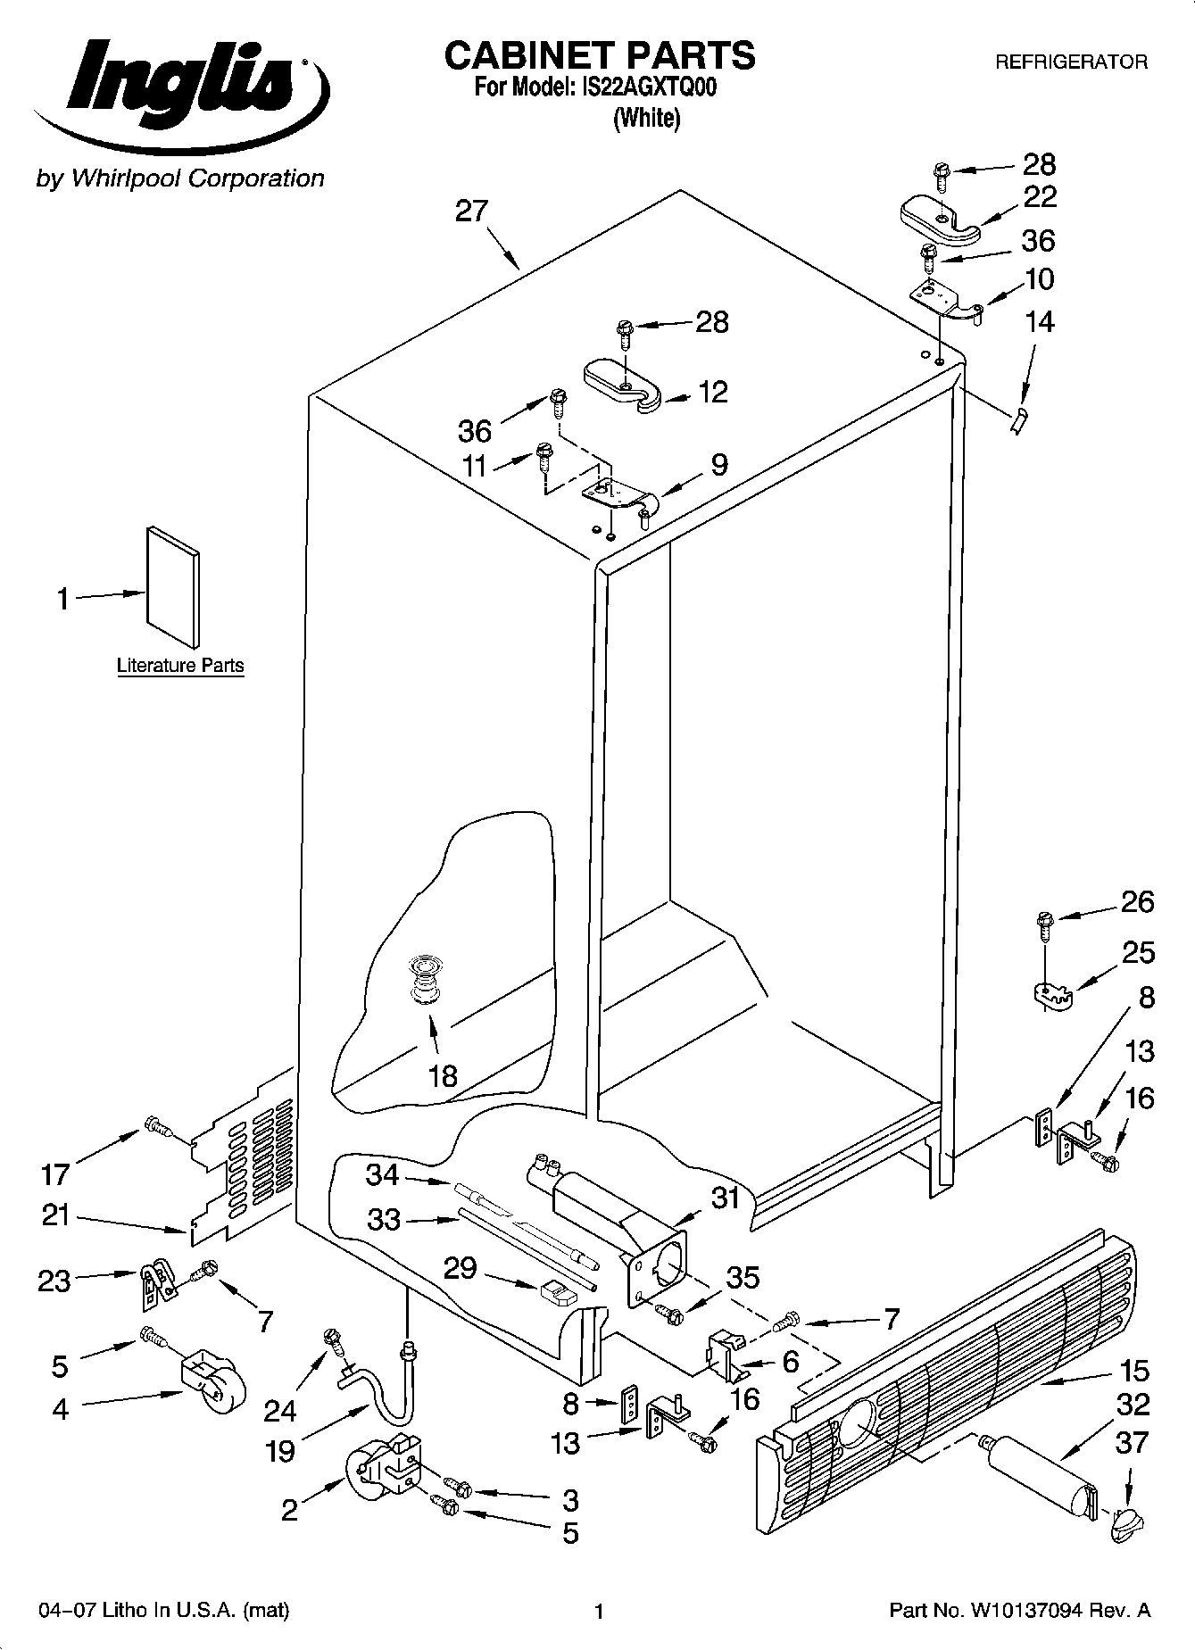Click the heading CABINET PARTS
point(599,55)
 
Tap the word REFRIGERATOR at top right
point(1071,62)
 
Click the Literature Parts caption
point(180,666)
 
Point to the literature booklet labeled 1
point(173,585)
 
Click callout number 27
point(471,211)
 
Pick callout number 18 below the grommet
point(443,1076)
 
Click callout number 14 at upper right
point(1040,321)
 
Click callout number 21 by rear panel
point(55,1215)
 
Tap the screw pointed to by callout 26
point(1044,925)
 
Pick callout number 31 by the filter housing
point(726,1198)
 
